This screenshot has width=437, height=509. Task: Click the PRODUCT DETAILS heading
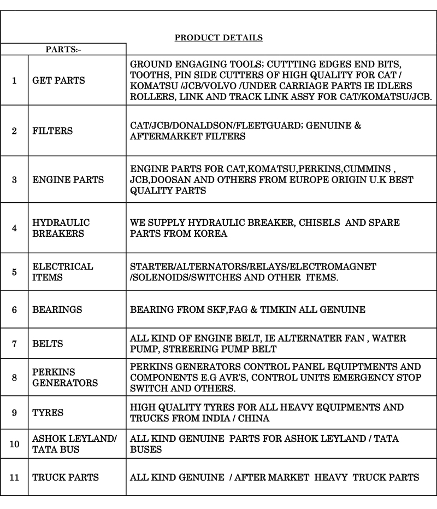pyautogui.click(x=218, y=38)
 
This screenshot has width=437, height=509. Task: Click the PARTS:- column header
pyautogui.click(x=63, y=49)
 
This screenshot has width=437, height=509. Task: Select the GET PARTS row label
pyautogui.click(x=58, y=80)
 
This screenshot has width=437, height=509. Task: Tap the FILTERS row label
pyautogui.click(x=52, y=131)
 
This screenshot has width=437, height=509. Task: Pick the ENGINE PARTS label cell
pyautogui.click(x=68, y=180)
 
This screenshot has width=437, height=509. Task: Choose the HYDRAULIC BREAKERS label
pyautogui.click(x=61, y=228)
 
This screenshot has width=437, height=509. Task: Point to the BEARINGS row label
pyautogui.click(x=57, y=309)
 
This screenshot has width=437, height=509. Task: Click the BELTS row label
pyautogui.click(x=48, y=344)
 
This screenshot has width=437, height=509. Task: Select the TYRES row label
pyautogui.click(x=48, y=413)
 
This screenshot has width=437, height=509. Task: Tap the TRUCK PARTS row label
pyautogui.click(x=66, y=477)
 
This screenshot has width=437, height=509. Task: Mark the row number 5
pyautogui.click(x=14, y=272)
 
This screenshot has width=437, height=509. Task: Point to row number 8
pyautogui.click(x=14, y=377)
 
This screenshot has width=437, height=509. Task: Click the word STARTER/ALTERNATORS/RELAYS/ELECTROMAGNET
pyautogui.click(x=253, y=266)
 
